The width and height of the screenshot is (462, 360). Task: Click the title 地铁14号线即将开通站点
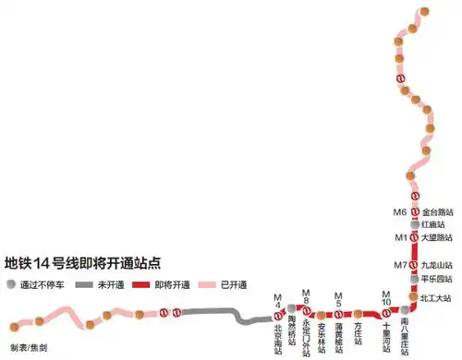pos(84,260)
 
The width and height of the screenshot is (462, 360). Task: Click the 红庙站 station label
pos(433,224)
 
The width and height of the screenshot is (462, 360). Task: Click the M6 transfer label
pos(400,212)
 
